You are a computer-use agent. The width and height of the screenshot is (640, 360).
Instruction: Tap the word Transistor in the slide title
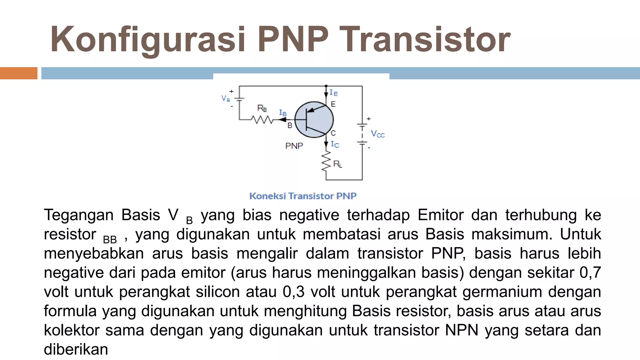tap(425, 40)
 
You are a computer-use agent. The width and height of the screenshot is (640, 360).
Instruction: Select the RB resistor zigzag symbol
tap(262, 119)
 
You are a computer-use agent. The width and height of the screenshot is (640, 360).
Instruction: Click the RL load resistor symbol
tap(326, 161)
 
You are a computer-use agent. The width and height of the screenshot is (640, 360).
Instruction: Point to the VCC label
tap(377, 134)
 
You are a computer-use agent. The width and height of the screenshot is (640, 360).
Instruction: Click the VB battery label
tap(225, 98)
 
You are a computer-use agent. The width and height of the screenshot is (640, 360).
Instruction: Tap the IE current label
tap(334, 93)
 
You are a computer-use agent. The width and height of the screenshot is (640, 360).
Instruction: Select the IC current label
tap(335, 144)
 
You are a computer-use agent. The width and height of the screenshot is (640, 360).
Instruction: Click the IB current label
tap(282, 112)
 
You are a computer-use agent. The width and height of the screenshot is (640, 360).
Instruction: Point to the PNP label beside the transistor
tap(294, 146)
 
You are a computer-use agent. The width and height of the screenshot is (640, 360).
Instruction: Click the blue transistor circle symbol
tap(314, 120)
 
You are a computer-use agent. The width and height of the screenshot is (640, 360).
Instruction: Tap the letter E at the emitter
tap(333, 104)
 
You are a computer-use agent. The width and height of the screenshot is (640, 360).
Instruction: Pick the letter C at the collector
tap(333, 133)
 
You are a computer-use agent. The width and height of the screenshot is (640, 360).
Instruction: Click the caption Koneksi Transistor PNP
tap(303, 196)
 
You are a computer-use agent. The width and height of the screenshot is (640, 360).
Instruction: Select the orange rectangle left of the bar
tap(18, 73)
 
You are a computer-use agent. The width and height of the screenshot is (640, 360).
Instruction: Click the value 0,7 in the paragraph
tap(590, 272)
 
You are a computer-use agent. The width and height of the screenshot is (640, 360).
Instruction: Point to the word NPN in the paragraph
tap(462, 330)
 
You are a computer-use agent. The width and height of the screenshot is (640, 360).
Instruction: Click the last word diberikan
tap(76, 349)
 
